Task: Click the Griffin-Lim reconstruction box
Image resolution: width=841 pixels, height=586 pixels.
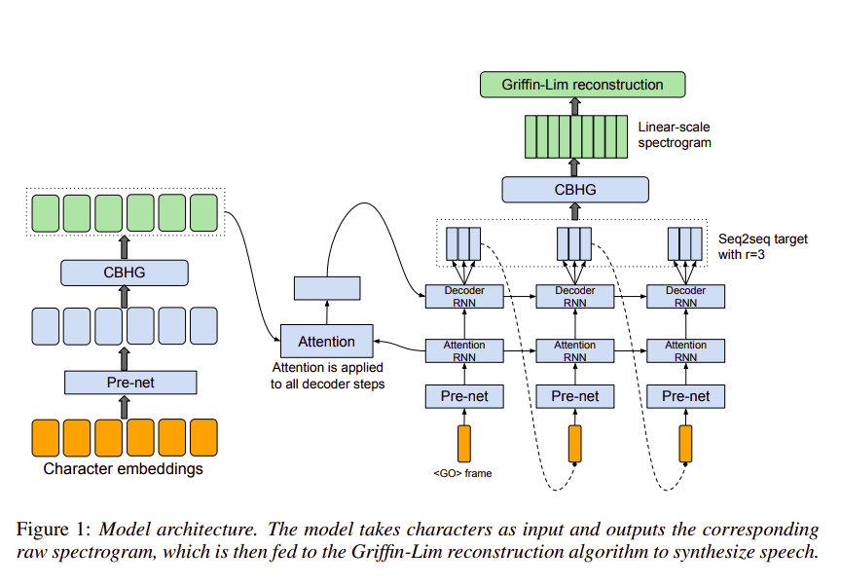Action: click(x=582, y=85)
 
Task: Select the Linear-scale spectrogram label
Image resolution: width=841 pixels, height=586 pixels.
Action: click(x=675, y=134)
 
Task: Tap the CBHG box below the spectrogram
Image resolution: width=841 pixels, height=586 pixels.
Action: click(x=575, y=190)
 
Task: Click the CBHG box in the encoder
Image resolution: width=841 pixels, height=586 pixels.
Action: click(x=124, y=272)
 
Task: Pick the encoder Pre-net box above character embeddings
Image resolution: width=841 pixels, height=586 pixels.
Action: click(x=130, y=383)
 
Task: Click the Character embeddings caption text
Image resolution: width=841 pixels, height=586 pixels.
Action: click(x=125, y=469)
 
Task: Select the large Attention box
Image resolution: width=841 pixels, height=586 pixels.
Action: click(x=326, y=342)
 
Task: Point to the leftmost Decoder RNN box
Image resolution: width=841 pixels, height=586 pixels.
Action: click(x=464, y=296)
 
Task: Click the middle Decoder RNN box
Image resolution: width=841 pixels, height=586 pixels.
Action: click(x=575, y=296)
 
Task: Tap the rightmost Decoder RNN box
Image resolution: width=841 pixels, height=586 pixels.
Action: click(x=685, y=296)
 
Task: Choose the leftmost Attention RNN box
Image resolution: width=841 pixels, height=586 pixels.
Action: click(x=464, y=350)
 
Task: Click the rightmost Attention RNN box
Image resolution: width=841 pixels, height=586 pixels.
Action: click(x=685, y=350)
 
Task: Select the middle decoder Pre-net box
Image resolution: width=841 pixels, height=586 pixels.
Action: click(x=575, y=396)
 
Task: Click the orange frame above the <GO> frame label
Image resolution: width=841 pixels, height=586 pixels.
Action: click(x=464, y=444)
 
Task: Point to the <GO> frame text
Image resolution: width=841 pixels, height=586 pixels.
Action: click(x=462, y=474)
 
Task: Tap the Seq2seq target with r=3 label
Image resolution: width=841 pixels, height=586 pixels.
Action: click(x=762, y=245)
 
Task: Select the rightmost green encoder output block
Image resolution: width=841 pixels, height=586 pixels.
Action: click(x=203, y=212)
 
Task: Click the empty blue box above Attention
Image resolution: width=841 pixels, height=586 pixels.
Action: click(x=327, y=287)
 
